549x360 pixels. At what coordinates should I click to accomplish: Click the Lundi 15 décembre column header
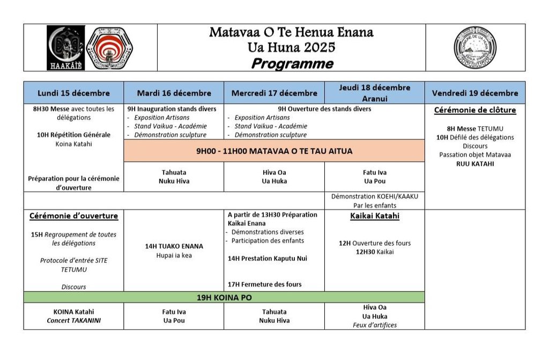73,93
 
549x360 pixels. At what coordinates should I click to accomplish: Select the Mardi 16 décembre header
174,93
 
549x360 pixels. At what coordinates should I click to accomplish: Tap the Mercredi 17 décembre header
274,93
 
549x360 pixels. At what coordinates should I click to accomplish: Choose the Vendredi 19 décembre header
474,93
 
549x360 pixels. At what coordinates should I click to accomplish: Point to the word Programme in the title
292,64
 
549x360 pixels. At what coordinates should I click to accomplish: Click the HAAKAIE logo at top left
65,47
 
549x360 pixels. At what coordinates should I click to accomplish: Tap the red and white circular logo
109,47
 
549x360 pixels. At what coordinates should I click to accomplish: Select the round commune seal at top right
474,48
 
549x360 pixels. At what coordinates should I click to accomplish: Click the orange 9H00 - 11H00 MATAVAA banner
274,151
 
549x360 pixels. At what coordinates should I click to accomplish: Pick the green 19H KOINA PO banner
224,297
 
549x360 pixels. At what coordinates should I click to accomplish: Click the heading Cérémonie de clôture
474,111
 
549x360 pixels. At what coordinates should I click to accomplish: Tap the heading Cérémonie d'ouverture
73,216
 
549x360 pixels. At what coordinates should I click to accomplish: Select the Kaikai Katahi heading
374,216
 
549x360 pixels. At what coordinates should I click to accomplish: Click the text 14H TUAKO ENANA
174,246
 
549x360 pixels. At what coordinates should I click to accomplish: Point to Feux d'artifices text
374,325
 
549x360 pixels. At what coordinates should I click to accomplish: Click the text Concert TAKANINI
73,320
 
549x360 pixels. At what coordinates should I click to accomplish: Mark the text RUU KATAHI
474,164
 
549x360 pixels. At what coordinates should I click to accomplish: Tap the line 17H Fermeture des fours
265,284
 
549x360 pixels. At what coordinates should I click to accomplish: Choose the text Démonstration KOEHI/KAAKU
374,196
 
